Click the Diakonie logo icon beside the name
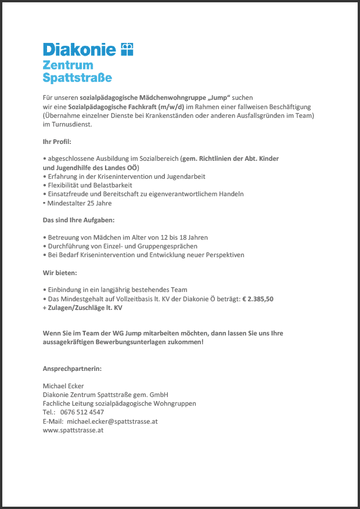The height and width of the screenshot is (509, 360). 127,49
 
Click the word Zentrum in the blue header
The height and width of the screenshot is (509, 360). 67,64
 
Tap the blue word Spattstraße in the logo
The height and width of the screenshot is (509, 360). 77,77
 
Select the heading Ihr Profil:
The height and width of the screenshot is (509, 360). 57,142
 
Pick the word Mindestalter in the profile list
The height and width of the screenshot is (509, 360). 64,203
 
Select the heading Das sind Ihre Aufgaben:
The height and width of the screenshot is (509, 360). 78,221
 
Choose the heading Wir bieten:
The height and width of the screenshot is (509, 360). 60,272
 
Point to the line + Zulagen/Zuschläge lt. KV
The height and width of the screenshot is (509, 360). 82,308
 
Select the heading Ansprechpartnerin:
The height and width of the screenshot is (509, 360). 72,369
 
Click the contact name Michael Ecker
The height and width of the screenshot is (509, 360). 63,386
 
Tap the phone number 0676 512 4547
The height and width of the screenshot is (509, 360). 82,412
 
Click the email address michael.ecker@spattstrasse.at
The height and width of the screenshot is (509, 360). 112,421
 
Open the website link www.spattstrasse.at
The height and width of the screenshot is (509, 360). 73,430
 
